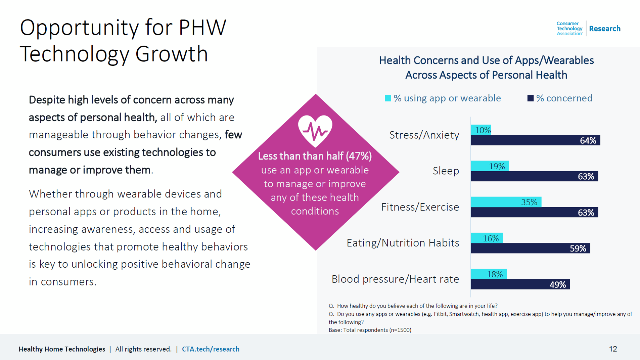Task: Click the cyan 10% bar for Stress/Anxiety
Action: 481,130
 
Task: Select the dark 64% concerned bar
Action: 535,140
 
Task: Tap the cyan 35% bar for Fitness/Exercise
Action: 506,202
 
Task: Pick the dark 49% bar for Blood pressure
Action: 520,284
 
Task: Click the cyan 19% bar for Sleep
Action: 490,166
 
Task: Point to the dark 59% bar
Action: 530,248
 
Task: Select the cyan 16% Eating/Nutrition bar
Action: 487,238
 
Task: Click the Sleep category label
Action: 446,171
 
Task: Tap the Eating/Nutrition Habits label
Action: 403,243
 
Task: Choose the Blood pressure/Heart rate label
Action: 395,279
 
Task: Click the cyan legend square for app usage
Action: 388,98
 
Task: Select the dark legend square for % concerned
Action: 531,98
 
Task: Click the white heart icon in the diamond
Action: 315,131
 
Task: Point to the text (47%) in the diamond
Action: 359,156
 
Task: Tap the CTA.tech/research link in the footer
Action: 211,349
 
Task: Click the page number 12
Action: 613,349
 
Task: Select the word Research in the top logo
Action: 605,29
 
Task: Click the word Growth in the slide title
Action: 172,54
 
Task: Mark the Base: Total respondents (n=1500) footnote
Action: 370,330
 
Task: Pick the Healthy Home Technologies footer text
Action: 62,349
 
